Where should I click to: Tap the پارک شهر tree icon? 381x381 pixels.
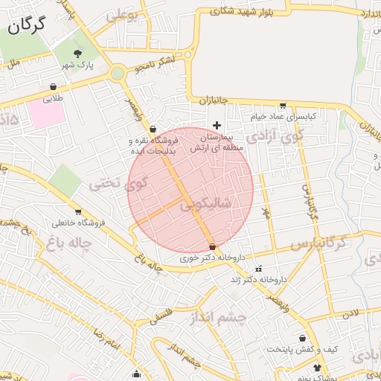point(79,52)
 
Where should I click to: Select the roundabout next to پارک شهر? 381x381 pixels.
point(117,73)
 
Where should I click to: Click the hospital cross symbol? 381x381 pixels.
point(217,125)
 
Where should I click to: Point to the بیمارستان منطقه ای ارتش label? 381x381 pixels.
point(212,143)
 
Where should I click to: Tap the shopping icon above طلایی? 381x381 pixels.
point(54,86)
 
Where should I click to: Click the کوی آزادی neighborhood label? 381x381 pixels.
point(276,135)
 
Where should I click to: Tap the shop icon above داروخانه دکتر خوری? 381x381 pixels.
point(213,246)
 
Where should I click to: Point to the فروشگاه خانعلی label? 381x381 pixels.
point(78,222)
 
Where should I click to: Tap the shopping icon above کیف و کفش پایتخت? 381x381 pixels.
point(302,338)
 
